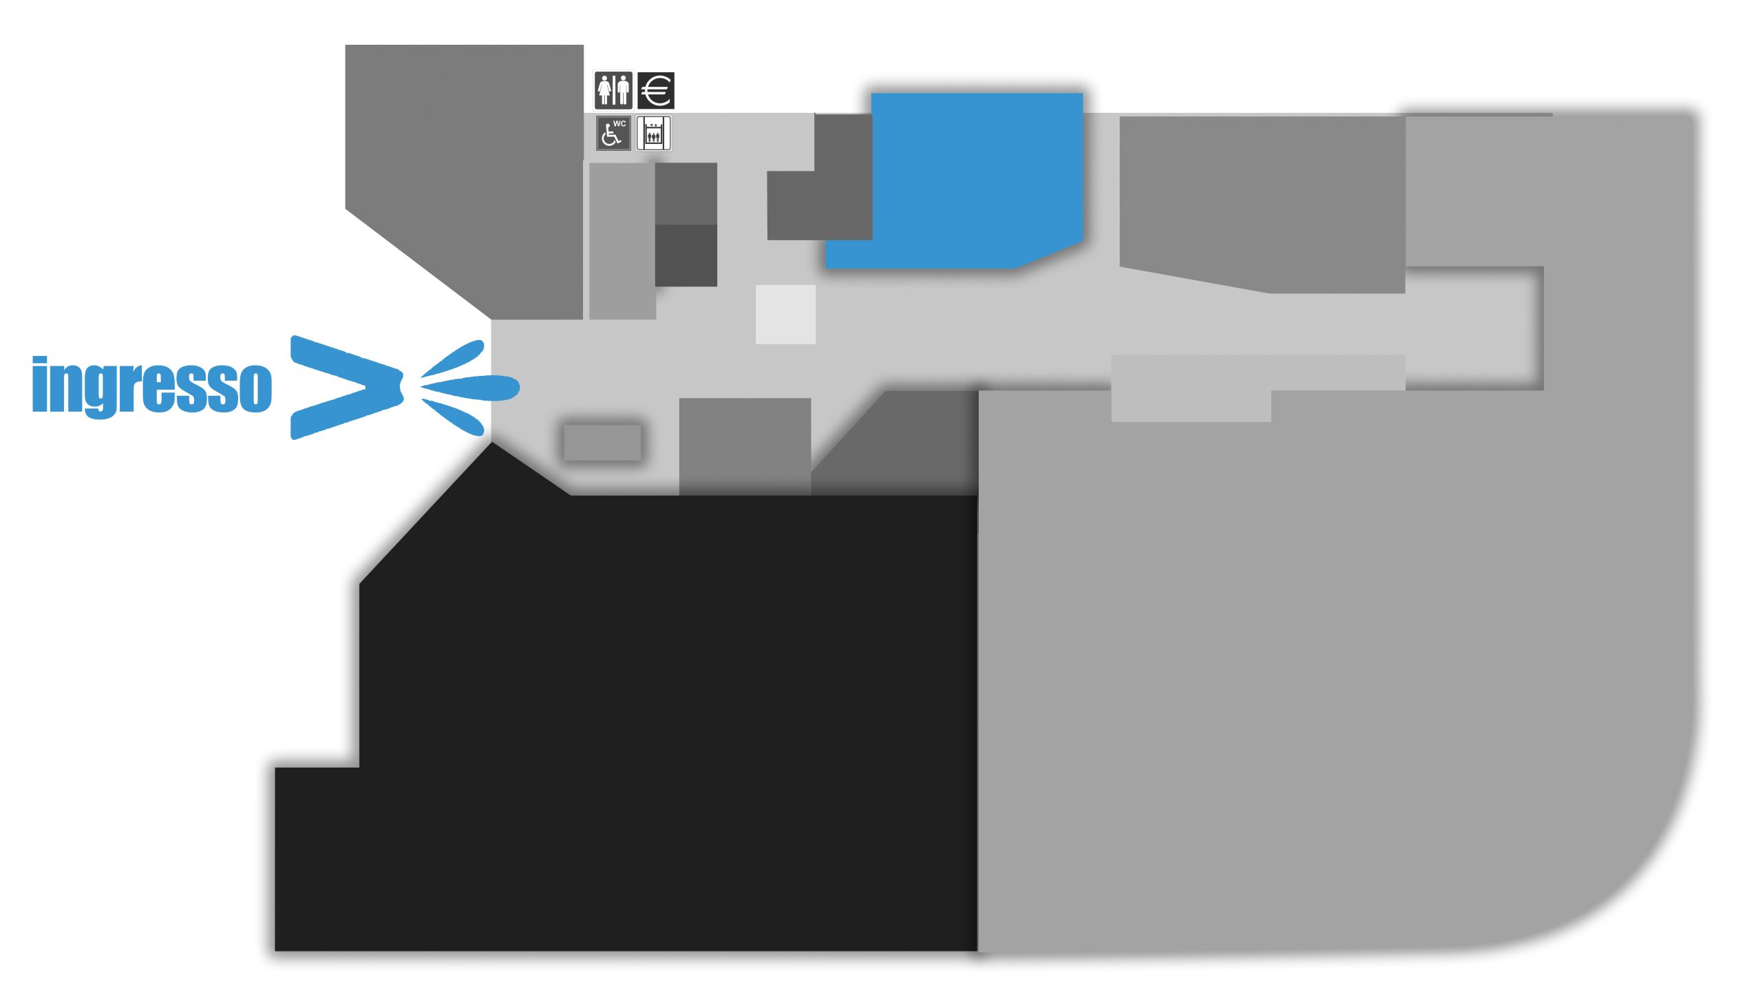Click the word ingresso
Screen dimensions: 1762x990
tap(152, 386)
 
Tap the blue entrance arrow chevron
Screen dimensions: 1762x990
tap(346, 387)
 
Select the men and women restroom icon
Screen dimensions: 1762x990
tap(613, 90)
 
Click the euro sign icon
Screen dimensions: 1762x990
tap(655, 90)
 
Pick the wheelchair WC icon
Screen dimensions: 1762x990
tap(613, 133)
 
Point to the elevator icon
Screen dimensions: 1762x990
tap(653, 133)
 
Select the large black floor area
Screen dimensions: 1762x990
tap(619, 723)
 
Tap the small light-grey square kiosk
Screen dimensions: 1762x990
tap(785, 314)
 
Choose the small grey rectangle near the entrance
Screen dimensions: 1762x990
tap(602, 442)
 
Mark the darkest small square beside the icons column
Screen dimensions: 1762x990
tap(686, 255)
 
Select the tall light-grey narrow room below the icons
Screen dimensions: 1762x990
tap(622, 241)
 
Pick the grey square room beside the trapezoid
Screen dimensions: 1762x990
tap(745, 446)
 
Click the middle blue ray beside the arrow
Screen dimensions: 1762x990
tap(470, 387)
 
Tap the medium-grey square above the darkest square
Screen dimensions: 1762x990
tap(686, 193)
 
